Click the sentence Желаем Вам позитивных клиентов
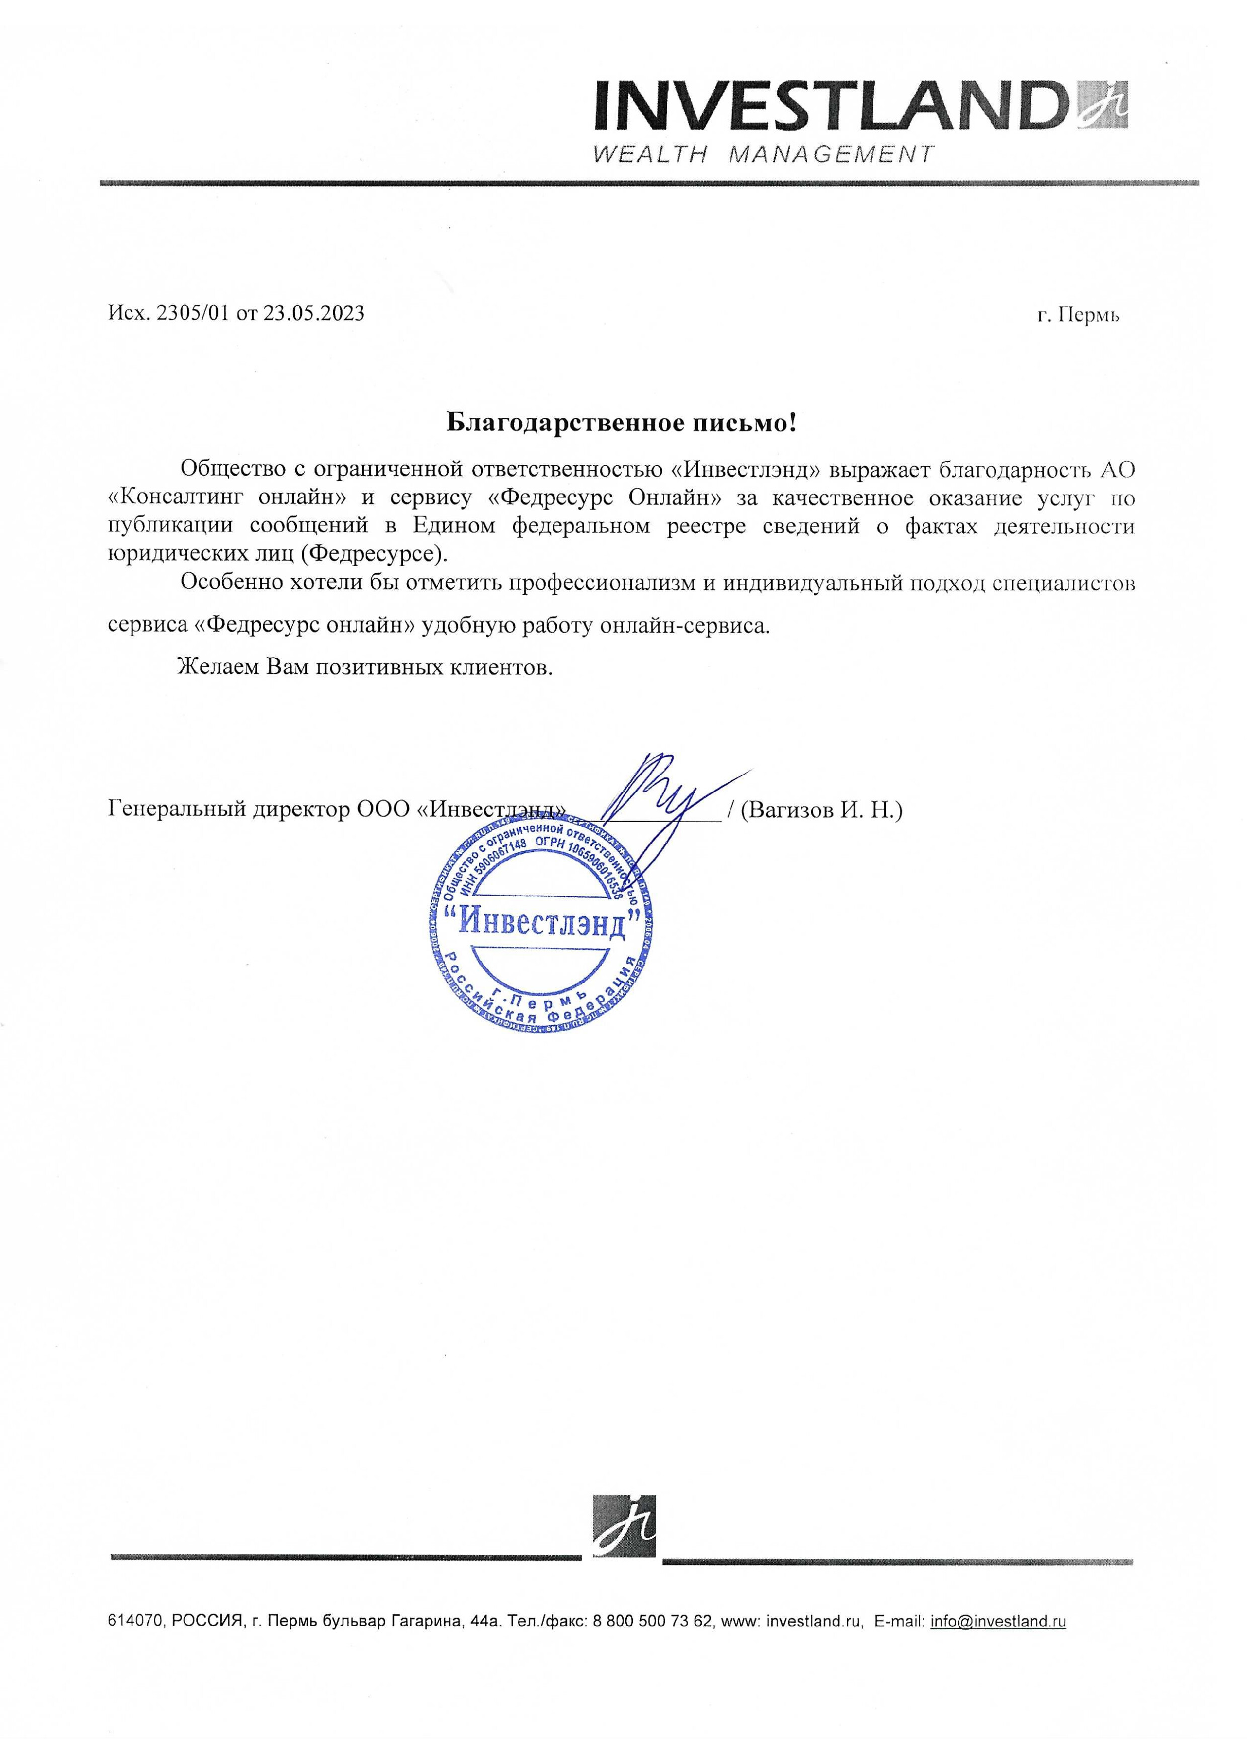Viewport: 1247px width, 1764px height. click(365, 666)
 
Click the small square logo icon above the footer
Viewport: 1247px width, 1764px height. click(624, 1527)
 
